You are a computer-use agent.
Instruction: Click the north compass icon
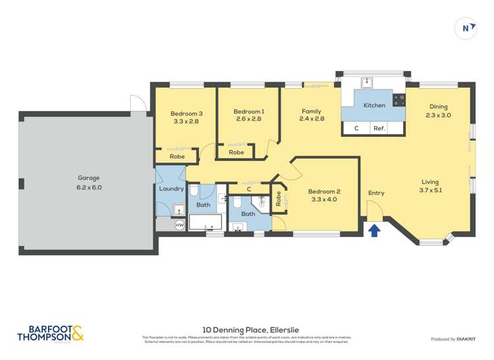467,28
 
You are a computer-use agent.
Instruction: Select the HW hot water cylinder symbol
179,225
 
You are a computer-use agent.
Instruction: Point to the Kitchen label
374,105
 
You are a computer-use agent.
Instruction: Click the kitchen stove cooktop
398,100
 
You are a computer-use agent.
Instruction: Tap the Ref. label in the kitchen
379,128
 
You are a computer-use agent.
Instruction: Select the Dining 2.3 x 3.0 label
438,111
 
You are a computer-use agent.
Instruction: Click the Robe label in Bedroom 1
236,152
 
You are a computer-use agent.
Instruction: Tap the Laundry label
171,189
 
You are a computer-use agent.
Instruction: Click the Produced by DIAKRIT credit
453,338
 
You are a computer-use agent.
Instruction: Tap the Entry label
376,193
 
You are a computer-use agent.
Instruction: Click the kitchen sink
366,82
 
